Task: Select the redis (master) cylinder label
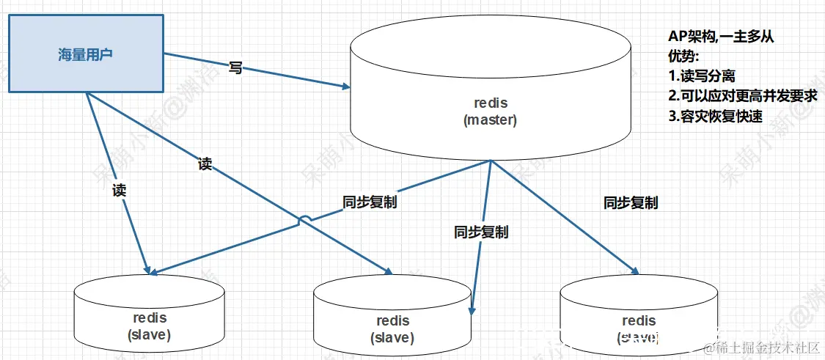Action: pos(490,111)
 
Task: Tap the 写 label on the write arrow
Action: pos(235,68)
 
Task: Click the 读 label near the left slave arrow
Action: pos(120,191)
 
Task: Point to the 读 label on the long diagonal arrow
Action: pos(205,164)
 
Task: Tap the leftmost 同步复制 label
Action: pos(370,202)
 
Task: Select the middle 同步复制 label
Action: pos(480,232)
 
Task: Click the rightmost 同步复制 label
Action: pos(631,202)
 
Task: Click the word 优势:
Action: pos(683,56)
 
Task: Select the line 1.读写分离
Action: pos(702,76)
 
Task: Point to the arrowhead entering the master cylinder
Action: pos(345,87)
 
